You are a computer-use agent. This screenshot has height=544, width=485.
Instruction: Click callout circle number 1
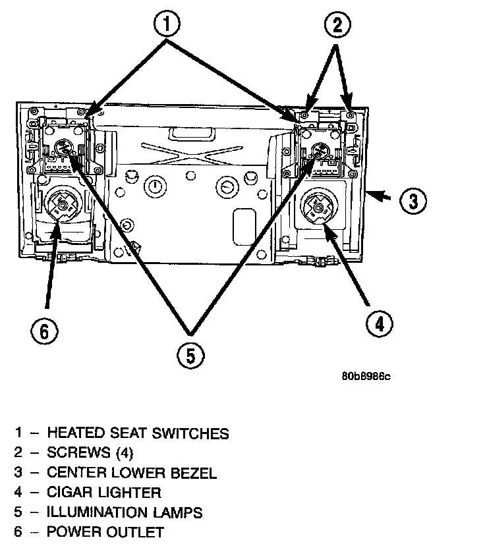(167, 26)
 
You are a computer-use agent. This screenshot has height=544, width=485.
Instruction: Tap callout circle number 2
(337, 26)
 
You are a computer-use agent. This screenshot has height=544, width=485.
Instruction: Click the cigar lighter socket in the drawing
(318, 207)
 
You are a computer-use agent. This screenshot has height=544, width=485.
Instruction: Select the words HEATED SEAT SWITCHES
(138, 433)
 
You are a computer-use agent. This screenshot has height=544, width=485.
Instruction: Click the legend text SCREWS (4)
(90, 453)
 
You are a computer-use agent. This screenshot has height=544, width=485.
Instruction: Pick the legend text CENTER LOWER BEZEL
(131, 473)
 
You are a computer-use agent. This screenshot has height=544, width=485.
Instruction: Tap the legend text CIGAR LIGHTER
(103, 493)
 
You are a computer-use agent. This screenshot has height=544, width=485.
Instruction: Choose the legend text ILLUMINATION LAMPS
(125, 512)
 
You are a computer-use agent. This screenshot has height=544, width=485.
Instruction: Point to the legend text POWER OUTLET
(105, 532)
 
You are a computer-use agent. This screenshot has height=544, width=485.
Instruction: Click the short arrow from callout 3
(381, 195)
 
